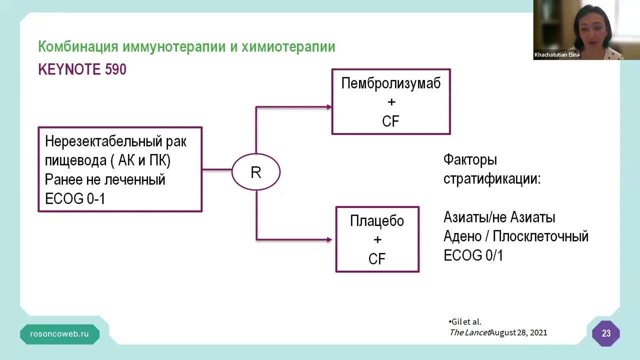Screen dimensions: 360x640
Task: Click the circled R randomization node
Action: coord(256,172)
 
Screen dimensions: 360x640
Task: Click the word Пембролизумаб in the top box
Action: coord(390,83)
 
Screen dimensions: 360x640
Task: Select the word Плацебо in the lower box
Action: coord(377,221)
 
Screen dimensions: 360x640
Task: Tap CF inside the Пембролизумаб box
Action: coord(390,121)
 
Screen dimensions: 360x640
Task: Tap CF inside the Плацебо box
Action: coord(377,259)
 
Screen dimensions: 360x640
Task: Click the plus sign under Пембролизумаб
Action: coord(391,102)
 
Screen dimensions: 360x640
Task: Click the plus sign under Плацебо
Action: coord(377,240)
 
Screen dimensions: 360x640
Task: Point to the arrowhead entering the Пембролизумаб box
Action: coord(329,106)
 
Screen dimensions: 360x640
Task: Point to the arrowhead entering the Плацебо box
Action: coord(329,239)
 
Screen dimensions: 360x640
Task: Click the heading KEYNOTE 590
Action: coord(82,69)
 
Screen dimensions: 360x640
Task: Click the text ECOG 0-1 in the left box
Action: coord(75,198)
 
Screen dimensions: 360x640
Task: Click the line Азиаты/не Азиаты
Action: coord(499,217)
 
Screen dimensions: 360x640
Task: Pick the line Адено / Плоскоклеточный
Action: coord(515,236)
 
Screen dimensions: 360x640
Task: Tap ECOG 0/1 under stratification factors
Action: coord(473,255)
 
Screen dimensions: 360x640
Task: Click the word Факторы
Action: coord(470,160)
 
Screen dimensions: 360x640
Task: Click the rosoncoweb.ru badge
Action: coord(59,334)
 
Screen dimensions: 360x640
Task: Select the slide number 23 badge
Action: coord(606,333)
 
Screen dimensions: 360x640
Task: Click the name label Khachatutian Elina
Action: coord(556,55)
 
